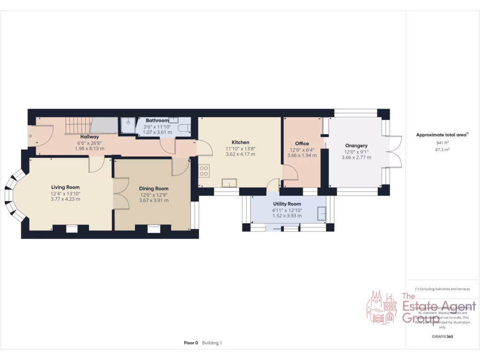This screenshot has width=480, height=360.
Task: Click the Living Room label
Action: [65, 187]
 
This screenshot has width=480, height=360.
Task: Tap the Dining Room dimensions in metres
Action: [154, 200]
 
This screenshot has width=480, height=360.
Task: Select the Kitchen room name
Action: [240, 142]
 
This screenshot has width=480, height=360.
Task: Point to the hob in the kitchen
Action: [204, 172]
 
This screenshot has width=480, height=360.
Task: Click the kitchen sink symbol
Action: [229, 183]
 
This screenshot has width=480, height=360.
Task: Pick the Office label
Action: [302, 143]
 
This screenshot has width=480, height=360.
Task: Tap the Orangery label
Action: [357, 145]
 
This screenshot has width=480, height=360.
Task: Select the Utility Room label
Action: [287, 204]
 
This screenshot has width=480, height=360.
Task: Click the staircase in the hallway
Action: [77, 126]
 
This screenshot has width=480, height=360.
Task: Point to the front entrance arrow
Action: [30, 136]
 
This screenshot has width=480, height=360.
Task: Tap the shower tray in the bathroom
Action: [127, 125]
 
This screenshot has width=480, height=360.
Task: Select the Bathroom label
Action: [157, 120]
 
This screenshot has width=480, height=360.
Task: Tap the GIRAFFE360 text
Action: [442, 337]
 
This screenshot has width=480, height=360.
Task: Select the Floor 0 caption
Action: [191, 343]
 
